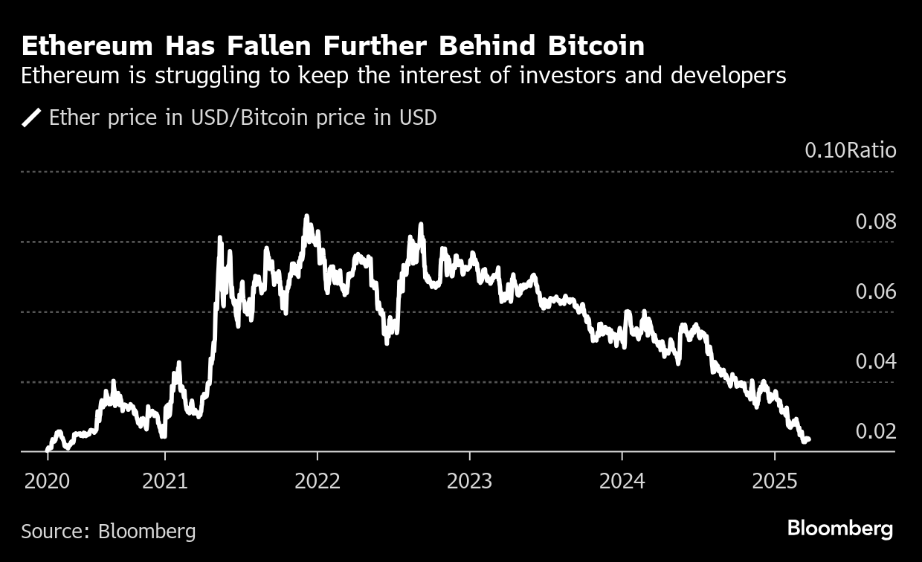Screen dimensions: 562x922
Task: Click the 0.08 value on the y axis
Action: point(876,222)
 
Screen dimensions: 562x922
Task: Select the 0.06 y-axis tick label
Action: point(876,291)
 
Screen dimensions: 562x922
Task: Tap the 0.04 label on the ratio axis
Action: point(876,362)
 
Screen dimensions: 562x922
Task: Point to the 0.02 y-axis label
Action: point(876,432)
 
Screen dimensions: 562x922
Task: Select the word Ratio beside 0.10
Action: point(872,150)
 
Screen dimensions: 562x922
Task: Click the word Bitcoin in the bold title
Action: point(596,47)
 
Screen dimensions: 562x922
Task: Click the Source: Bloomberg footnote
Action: point(109,531)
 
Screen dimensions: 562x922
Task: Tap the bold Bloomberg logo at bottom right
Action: point(840,529)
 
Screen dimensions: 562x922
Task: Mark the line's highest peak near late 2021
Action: point(306,216)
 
